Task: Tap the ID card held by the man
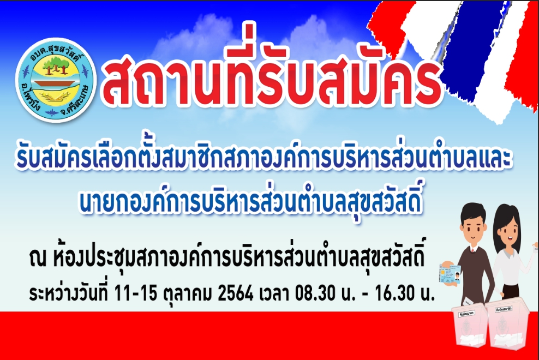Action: (450, 273)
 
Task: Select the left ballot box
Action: (469, 326)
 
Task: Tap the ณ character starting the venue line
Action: (38, 259)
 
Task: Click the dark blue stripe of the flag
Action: (468, 52)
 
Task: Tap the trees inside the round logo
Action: (55, 65)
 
